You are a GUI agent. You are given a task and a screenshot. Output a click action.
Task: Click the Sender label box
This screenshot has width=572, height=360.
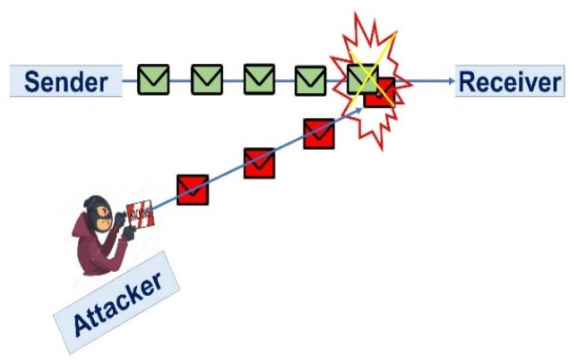tap(66, 81)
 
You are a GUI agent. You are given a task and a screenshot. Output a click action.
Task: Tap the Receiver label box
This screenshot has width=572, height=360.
tap(509, 81)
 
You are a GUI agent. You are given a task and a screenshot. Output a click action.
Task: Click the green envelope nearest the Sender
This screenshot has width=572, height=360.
tap(154, 80)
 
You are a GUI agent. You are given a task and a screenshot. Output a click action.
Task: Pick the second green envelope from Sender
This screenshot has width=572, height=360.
tap(206, 80)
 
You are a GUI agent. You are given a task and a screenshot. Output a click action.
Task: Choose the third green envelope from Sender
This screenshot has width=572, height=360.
tap(259, 80)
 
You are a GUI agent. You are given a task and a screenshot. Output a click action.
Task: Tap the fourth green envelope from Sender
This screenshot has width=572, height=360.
tap(311, 80)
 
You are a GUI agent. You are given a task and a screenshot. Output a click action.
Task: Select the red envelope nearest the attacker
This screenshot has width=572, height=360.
tap(192, 190)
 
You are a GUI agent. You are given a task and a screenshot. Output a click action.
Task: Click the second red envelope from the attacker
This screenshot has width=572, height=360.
tap(259, 163)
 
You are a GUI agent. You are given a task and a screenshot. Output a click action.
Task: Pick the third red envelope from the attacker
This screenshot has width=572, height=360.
tap(319, 133)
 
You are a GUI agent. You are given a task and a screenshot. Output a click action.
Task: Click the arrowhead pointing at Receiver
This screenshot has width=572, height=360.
tap(451, 81)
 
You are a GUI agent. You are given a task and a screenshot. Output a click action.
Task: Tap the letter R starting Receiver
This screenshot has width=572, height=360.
tap(467, 81)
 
